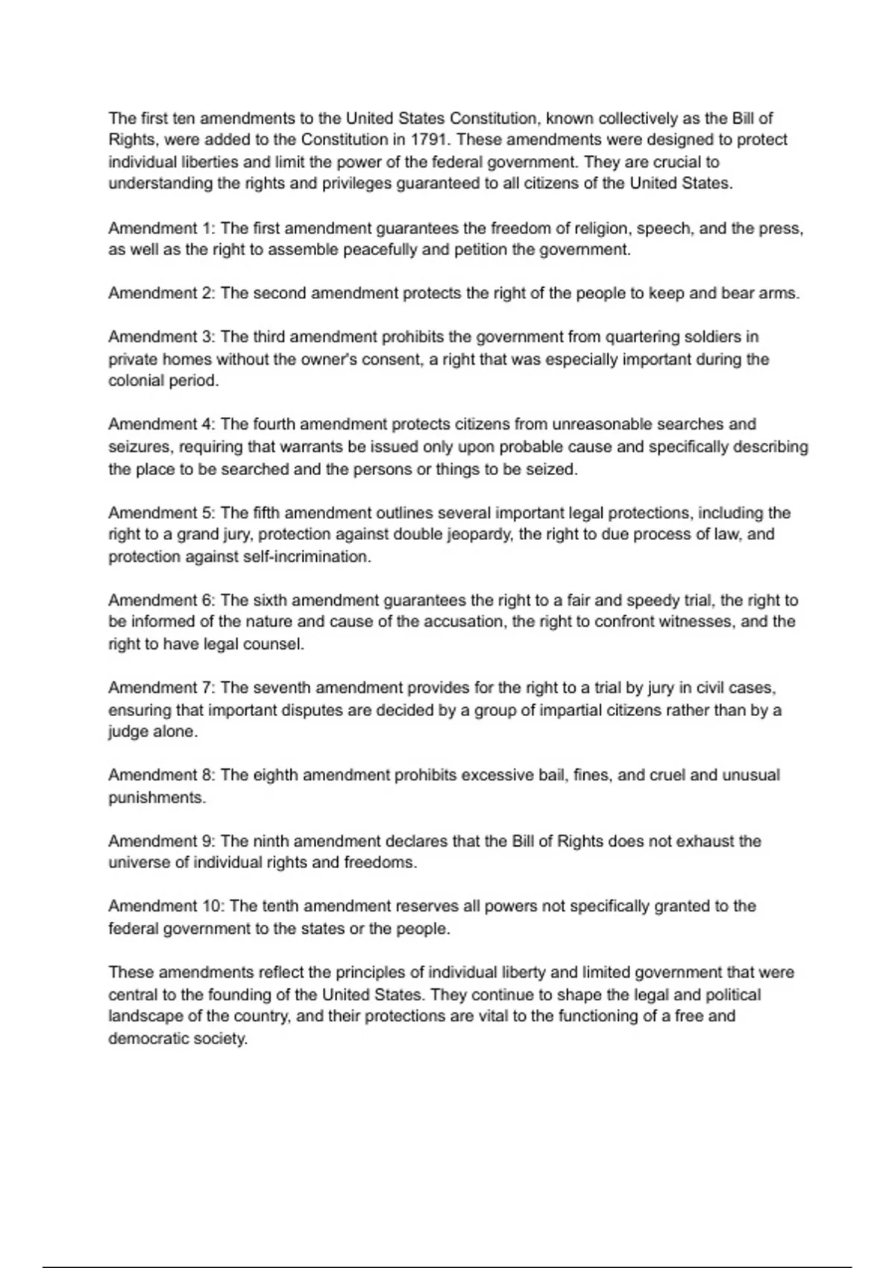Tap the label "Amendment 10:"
point(166,906)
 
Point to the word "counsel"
point(273,644)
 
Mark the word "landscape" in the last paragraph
point(145,1017)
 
